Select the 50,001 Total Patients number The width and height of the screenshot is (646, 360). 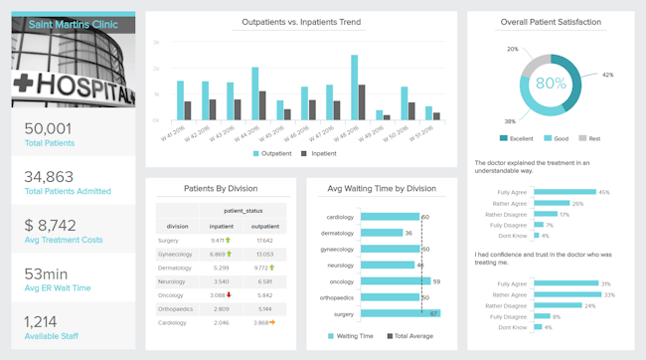tap(48, 128)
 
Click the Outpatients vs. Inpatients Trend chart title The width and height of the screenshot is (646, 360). tap(301, 22)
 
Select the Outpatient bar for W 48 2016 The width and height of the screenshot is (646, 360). tap(355, 88)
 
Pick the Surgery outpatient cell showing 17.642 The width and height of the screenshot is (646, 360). tap(264, 240)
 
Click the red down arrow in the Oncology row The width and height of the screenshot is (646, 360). tap(229, 295)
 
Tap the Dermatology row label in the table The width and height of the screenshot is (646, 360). tap(174, 268)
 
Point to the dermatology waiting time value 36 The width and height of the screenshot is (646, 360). tap(409, 233)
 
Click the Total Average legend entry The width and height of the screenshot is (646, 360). tap(409, 336)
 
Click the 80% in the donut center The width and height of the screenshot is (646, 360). tap(552, 84)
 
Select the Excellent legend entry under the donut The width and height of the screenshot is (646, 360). tap(516, 138)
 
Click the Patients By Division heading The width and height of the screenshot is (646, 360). tap(222, 188)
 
